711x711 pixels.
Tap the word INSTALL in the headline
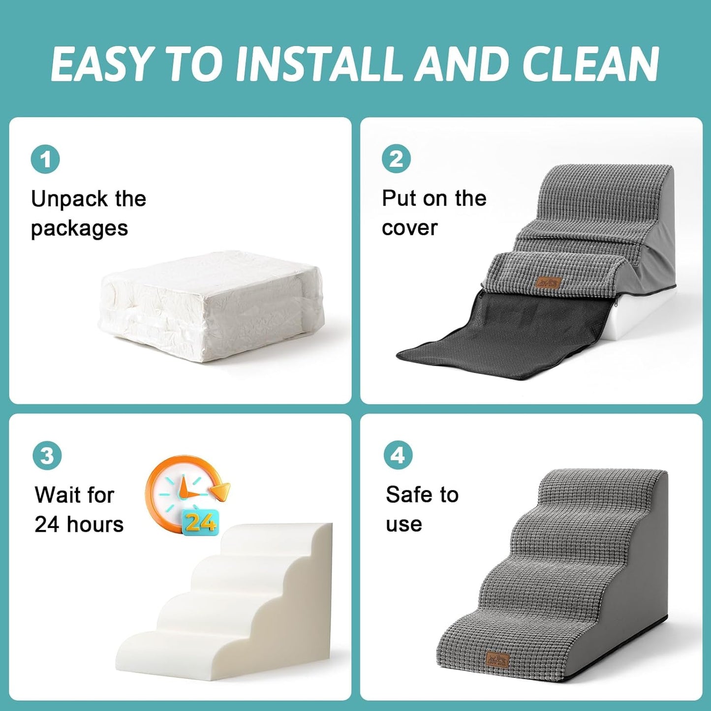pyautogui.click(x=319, y=64)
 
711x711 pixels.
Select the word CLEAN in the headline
pyautogui.click(x=590, y=64)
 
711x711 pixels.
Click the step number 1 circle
pyautogui.click(x=45, y=159)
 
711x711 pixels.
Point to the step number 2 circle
pyautogui.click(x=396, y=159)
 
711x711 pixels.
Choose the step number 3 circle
pyautogui.click(x=47, y=456)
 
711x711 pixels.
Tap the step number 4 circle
pyautogui.click(x=398, y=455)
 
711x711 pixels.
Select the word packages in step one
pyautogui.click(x=79, y=228)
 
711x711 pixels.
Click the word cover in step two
pyautogui.click(x=409, y=228)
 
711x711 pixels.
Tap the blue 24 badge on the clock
pyautogui.click(x=200, y=522)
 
